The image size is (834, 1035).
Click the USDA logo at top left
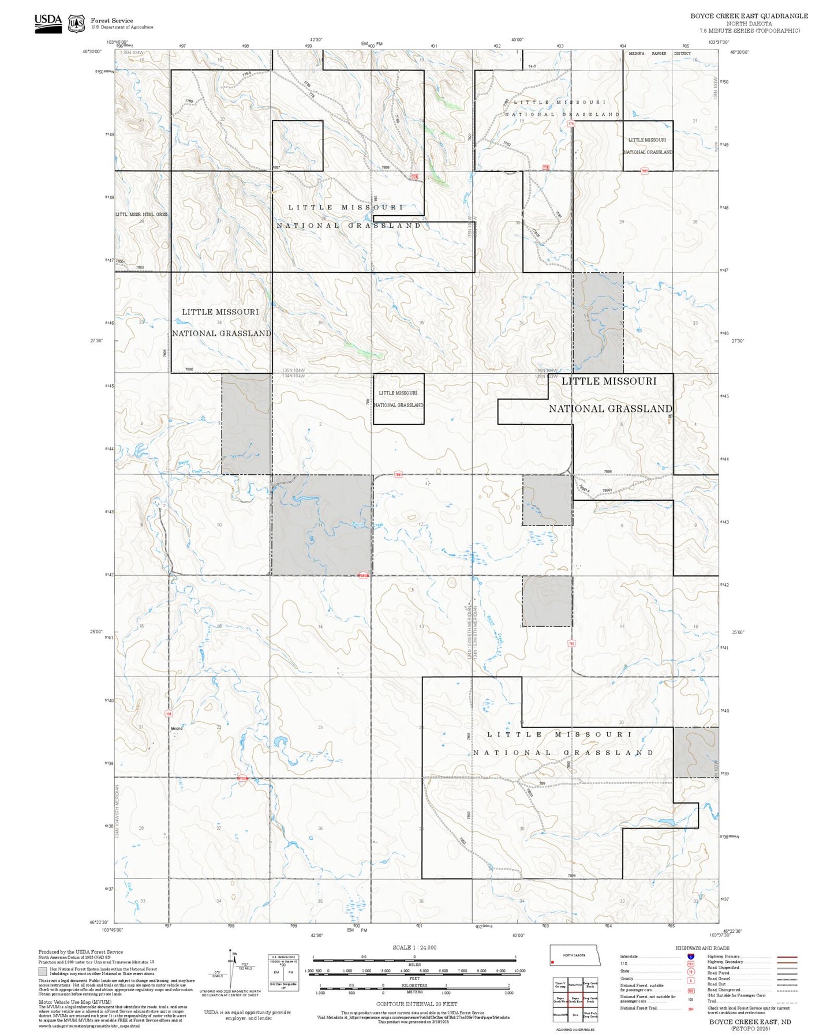tap(48, 23)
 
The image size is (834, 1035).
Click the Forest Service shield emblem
tap(76, 24)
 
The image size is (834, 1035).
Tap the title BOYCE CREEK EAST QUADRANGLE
tap(749, 16)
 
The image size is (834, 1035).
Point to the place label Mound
tap(176, 729)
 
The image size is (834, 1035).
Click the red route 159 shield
tap(169, 714)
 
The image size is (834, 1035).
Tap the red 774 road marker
tap(571, 124)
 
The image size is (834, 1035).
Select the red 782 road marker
tap(571, 643)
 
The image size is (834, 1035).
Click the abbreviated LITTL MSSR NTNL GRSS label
tap(141, 214)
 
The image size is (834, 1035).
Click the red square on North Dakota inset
tap(553, 962)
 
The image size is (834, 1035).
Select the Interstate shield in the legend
tap(690, 957)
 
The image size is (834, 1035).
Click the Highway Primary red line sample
tap(787, 957)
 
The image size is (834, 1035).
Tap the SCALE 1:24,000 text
tap(414, 947)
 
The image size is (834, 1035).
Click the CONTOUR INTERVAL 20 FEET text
tap(414, 1004)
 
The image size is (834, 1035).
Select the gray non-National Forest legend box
tap(43, 972)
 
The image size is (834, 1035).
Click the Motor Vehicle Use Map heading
tap(63, 1002)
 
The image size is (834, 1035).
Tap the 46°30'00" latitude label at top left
tap(92, 52)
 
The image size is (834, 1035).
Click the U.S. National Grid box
tap(283, 973)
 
